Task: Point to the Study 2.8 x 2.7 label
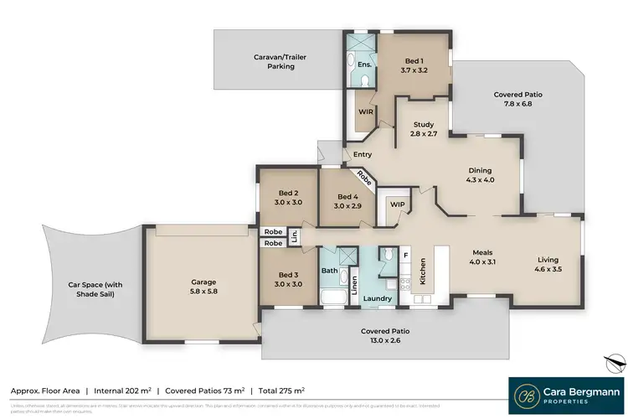coord(423,128)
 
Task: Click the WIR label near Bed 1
coord(365,111)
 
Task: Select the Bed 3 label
coord(287,279)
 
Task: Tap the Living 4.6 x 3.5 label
coord(548,265)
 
